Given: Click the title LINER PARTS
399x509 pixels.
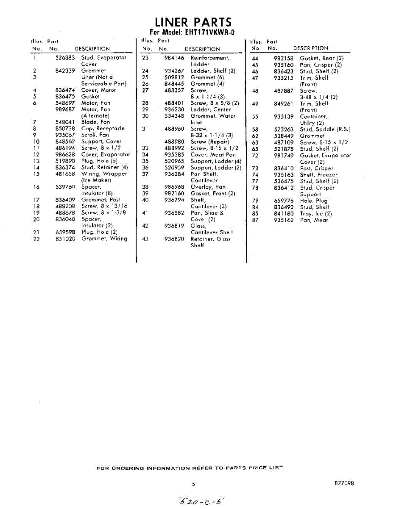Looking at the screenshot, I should [x=193, y=22].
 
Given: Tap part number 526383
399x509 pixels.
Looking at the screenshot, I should [x=65, y=58].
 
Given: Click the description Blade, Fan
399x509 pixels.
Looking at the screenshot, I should [x=95, y=122].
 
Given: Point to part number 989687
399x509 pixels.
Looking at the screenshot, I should [x=65, y=109].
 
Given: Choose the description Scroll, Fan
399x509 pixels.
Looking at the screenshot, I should [x=95, y=135].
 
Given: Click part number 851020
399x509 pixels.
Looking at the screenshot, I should [x=65, y=239].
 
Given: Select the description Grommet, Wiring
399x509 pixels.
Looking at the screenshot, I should [x=104, y=239].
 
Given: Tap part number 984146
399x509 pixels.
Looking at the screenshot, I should [x=174, y=58].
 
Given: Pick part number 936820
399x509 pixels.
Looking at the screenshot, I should [x=174, y=239].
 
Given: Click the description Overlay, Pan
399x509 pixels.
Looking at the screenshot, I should [x=208, y=187].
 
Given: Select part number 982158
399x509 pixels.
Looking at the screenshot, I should [x=284, y=58].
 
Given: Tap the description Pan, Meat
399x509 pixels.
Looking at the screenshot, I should [x=314, y=220].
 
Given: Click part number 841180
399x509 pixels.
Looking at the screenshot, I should [x=284, y=214].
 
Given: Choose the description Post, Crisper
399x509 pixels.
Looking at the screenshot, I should [x=316, y=168].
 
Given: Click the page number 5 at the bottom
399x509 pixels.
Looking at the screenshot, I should [x=193, y=484].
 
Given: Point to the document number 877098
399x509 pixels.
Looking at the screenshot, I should [x=344, y=483].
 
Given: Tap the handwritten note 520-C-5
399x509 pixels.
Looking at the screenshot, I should [x=201, y=502].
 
